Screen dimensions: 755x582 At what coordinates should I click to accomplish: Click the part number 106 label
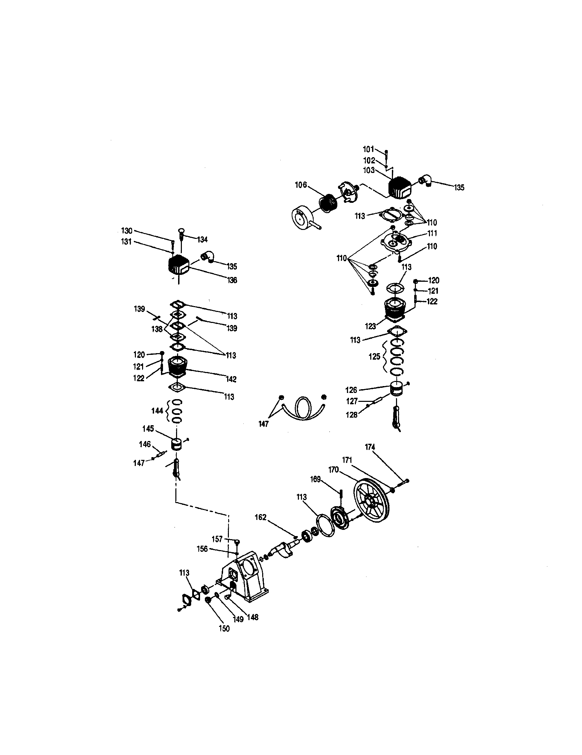(300, 185)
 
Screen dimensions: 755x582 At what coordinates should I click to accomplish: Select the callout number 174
(370, 447)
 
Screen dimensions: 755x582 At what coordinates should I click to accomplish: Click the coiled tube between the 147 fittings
(303, 409)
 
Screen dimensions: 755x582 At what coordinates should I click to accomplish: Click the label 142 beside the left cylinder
(231, 379)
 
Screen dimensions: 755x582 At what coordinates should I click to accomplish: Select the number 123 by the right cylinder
(370, 326)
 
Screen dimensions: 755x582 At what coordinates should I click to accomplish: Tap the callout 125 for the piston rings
(374, 357)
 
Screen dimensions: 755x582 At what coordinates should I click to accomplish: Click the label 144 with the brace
(157, 411)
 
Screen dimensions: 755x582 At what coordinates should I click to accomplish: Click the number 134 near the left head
(202, 239)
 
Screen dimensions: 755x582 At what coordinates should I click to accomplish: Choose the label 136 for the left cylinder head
(232, 280)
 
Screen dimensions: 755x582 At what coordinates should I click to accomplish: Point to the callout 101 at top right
(369, 149)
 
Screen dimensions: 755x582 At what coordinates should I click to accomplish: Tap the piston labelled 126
(397, 389)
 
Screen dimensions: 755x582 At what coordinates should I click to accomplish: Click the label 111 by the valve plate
(432, 234)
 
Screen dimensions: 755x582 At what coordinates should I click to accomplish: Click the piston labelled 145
(177, 444)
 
